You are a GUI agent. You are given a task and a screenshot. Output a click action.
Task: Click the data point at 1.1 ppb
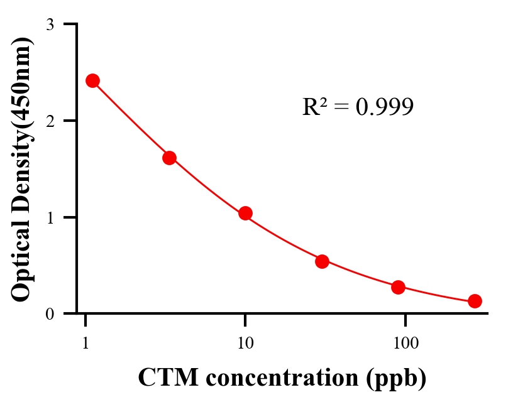92,80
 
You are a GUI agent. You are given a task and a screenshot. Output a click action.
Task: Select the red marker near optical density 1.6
169,158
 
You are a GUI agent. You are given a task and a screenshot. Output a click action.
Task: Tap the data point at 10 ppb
245,213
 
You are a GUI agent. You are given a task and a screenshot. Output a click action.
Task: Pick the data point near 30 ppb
322,261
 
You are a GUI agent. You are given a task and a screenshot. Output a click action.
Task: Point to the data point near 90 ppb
398,287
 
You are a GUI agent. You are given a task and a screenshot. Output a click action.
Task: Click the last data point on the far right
475,301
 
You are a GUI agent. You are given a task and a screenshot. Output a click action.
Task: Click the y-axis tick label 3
50,24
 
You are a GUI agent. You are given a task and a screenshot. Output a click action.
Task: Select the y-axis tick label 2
50,121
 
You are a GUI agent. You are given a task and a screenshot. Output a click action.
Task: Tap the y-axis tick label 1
50,217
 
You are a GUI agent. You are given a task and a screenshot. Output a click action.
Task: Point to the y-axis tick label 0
50,313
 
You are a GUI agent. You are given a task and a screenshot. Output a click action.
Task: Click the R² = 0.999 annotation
358,107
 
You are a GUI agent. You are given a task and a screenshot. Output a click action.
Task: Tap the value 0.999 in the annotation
384,107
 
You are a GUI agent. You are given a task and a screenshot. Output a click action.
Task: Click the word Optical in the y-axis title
21,264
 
